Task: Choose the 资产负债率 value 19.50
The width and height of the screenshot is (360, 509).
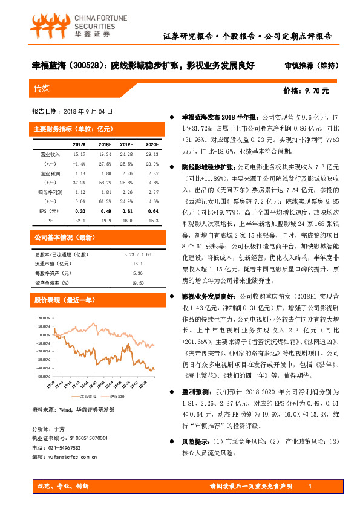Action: click(137, 283)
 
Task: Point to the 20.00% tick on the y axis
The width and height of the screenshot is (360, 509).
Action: click(44, 317)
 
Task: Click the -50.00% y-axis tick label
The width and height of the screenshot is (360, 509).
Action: click(44, 368)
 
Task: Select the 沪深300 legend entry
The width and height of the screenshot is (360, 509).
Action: click(116, 396)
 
